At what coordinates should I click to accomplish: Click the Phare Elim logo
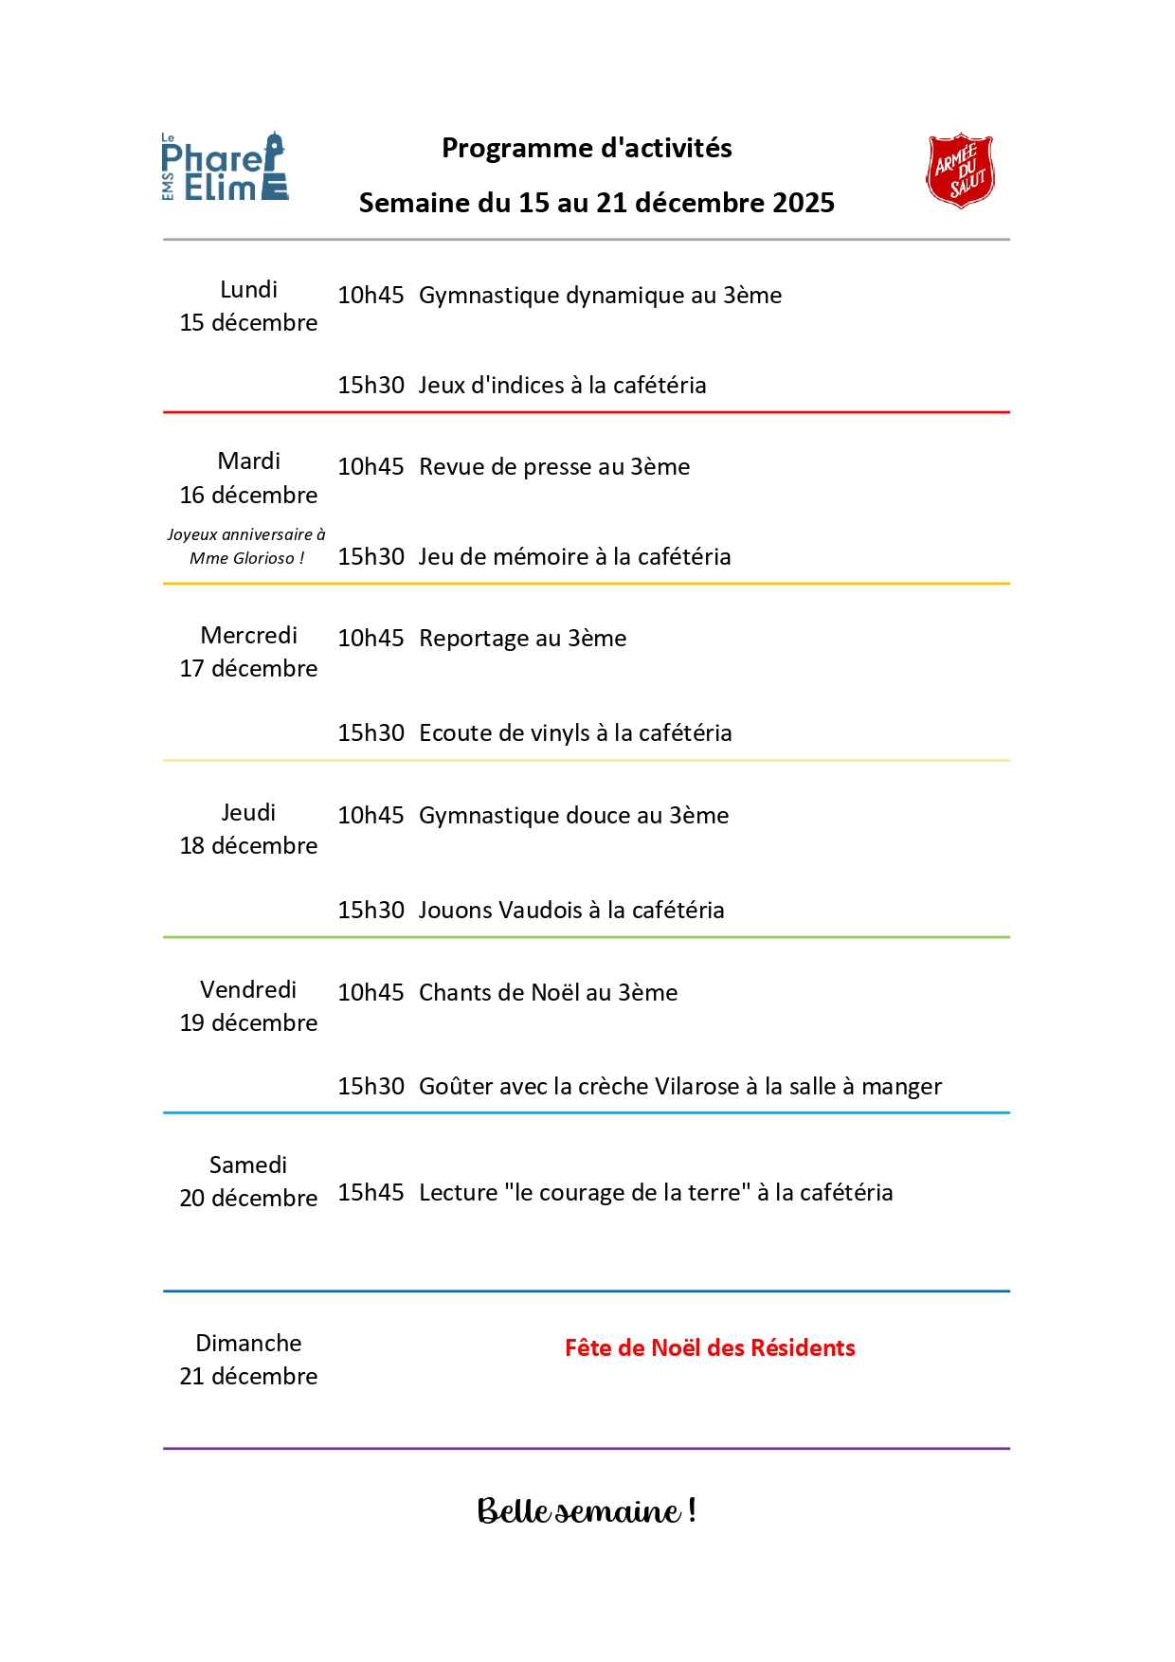click(x=225, y=168)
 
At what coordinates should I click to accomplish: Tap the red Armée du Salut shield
click(x=960, y=171)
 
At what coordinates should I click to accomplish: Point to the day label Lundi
click(x=248, y=290)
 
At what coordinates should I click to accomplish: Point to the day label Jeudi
click(x=248, y=813)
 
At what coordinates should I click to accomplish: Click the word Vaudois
click(x=540, y=911)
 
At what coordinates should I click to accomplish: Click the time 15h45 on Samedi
click(x=371, y=1193)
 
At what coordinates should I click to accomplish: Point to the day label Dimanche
click(x=248, y=1344)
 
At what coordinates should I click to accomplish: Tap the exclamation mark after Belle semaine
click(x=693, y=1509)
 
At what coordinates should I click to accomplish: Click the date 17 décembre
click(x=248, y=669)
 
